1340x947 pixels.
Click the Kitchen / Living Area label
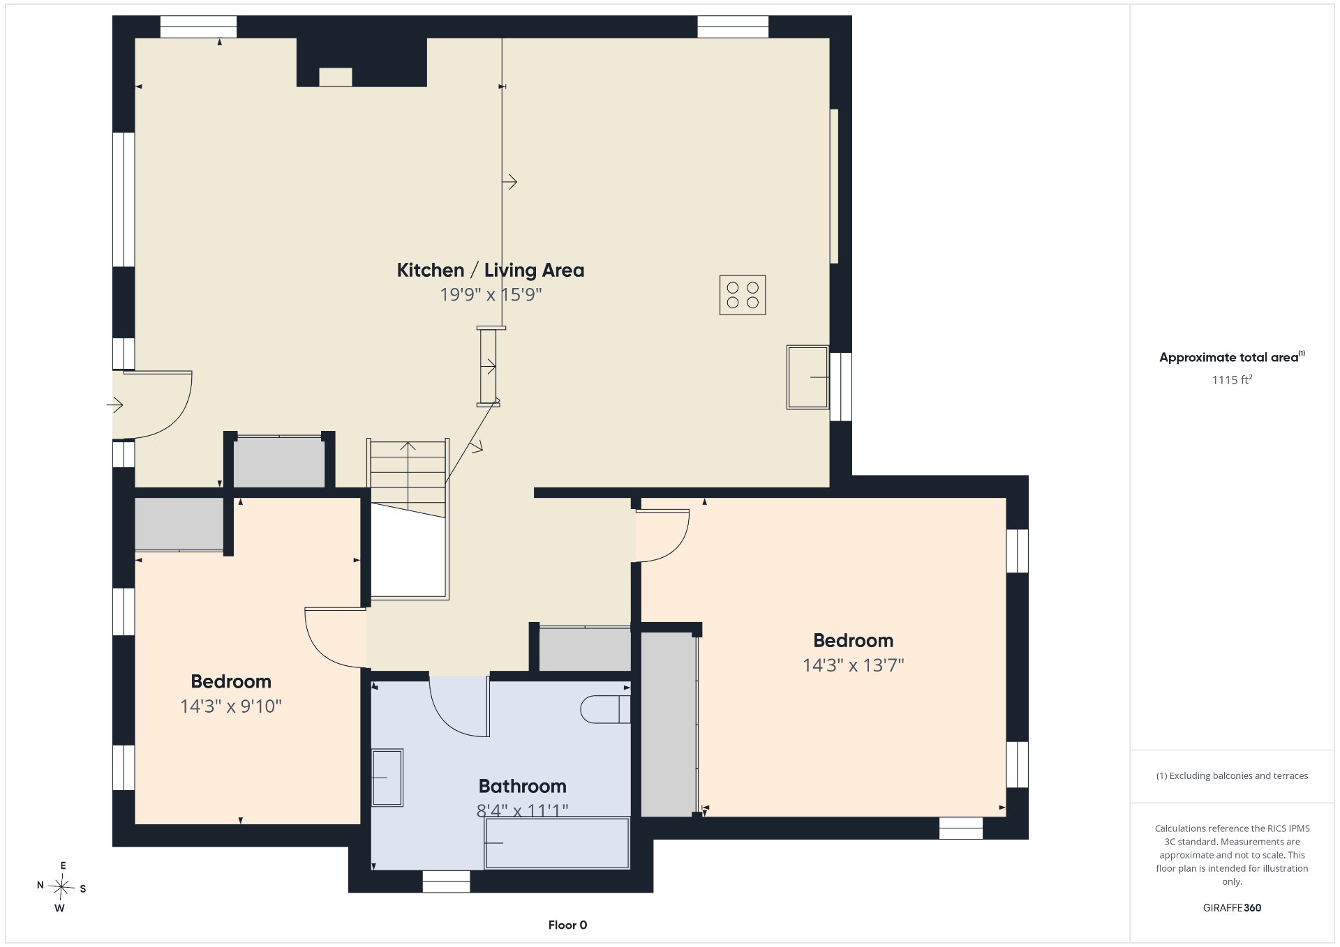(491, 270)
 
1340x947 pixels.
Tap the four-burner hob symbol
(743, 295)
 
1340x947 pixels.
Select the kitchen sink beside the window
(807, 377)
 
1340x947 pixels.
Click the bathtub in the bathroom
(557, 843)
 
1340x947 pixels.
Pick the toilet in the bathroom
(605, 709)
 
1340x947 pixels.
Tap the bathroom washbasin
(387, 778)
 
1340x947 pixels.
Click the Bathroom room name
(522, 786)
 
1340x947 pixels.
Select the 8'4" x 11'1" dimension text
(522, 810)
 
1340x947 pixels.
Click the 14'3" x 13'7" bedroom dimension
(853, 665)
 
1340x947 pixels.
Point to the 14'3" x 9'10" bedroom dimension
(230, 706)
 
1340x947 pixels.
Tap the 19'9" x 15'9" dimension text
(491, 294)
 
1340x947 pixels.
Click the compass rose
(61, 887)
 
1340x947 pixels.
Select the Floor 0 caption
(567, 925)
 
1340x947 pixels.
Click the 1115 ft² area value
(1232, 379)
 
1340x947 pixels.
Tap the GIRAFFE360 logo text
(1232, 907)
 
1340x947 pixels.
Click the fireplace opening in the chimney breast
(335, 77)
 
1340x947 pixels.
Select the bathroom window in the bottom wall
(446, 881)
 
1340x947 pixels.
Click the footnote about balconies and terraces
(1232, 775)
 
